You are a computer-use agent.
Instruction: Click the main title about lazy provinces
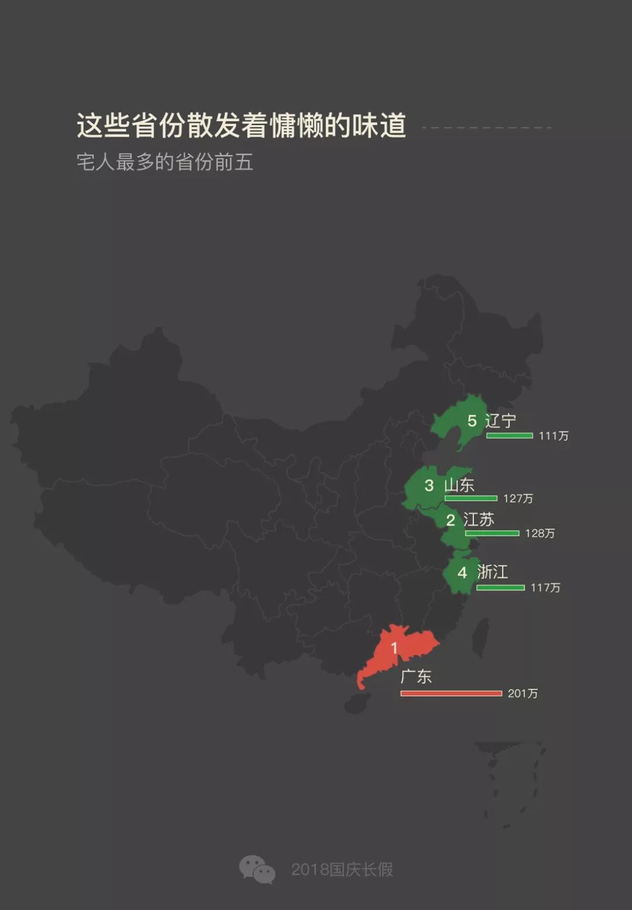click(241, 125)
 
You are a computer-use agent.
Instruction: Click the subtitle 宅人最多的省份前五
click(164, 162)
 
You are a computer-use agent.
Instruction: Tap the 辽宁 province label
click(500, 421)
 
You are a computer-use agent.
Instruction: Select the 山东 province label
click(459, 485)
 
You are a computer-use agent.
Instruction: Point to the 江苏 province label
click(479, 520)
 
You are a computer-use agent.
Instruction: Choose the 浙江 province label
click(492, 572)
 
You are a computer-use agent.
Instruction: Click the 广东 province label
click(416, 677)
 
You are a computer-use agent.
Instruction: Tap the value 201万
click(523, 694)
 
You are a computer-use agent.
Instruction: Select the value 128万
click(540, 534)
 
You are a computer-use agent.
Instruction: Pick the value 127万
click(518, 499)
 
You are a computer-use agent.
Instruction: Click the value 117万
click(545, 587)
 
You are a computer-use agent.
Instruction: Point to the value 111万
click(553, 436)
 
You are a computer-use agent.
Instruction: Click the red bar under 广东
click(451, 694)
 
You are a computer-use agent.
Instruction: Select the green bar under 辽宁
click(509, 435)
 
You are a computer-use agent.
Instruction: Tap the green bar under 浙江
click(500, 587)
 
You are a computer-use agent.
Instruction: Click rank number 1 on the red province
click(394, 648)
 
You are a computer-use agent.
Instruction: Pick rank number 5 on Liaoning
click(472, 421)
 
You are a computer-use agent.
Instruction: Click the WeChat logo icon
click(257, 869)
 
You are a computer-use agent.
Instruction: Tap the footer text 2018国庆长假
click(342, 870)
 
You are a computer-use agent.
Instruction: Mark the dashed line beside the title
click(486, 127)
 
